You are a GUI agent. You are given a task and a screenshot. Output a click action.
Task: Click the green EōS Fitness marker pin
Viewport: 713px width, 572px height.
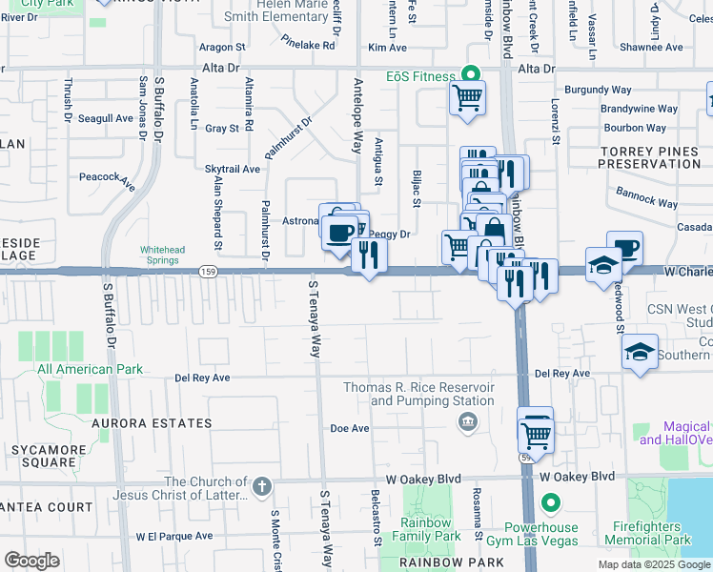[468, 72]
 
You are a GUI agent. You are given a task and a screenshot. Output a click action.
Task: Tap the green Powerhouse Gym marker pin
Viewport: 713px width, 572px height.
[549, 501]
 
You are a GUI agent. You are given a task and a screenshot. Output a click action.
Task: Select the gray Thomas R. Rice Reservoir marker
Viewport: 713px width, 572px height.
[467, 423]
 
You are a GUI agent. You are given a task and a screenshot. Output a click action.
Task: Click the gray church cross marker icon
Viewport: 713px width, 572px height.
[262, 487]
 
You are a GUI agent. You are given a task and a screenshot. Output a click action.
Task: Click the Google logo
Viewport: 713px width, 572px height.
[31, 561]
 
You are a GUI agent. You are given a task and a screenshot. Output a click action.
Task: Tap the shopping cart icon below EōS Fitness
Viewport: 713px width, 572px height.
[467, 96]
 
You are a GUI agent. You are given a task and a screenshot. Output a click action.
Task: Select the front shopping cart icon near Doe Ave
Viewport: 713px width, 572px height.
[537, 436]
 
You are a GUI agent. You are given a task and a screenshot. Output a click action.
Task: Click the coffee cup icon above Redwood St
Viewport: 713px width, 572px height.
[624, 248]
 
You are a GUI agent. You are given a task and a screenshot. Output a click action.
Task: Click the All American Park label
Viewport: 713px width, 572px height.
[90, 369]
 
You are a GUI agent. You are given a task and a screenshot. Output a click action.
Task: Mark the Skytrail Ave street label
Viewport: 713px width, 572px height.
[233, 169]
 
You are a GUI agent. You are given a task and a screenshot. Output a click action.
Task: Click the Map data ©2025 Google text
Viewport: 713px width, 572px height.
[653, 564]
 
